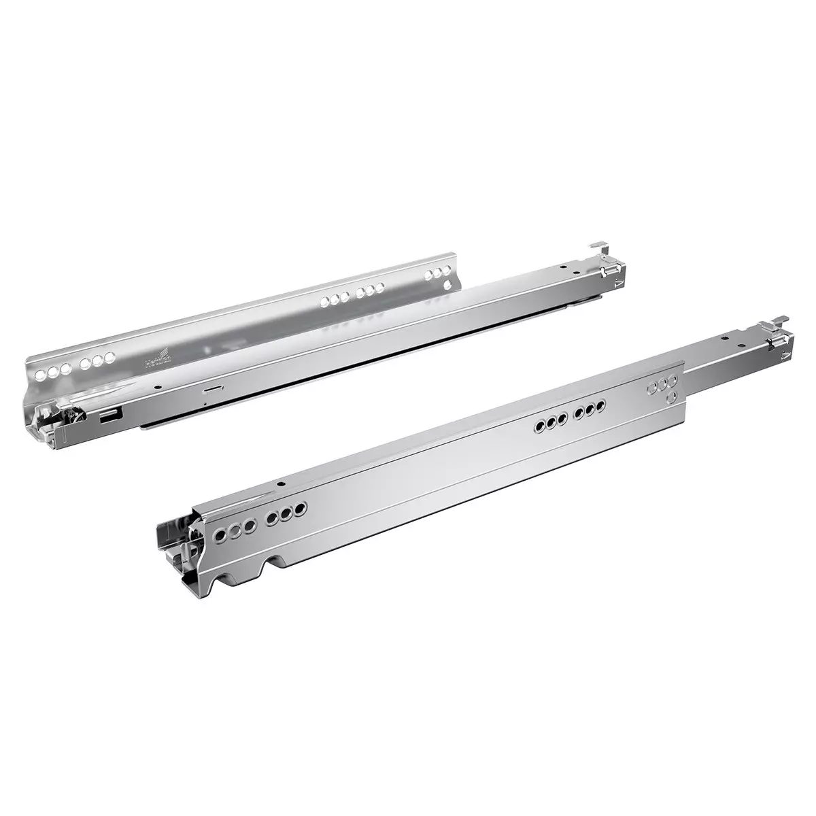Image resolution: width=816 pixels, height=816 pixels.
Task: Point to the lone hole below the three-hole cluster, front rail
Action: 673,396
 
